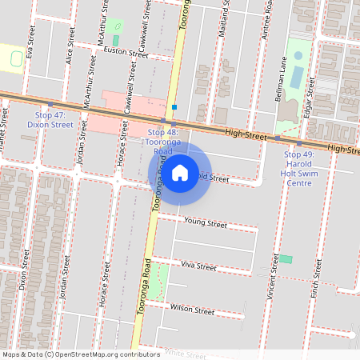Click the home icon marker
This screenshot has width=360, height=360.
pos(180,171)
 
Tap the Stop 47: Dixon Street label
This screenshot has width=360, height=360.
pos(50,120)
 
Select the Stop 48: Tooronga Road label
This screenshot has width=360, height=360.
pos(162,141)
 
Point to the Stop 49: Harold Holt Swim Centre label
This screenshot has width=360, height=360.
pos(298,168)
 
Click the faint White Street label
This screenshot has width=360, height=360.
pos(186,352)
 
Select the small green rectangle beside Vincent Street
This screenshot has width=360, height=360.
pos(286,259)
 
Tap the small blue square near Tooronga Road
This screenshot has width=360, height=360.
pos(174,106)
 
